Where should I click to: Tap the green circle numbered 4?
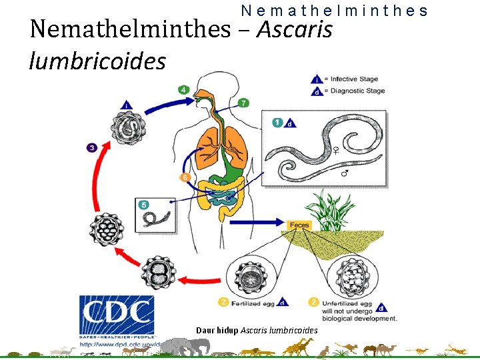(183, 89)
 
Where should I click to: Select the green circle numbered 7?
(244, 102)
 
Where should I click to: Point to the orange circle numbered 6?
(185, 177)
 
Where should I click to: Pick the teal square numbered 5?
(143, 205)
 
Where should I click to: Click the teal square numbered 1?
(277, 123)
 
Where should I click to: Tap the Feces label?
(299, 225)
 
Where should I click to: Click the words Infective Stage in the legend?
(353, 79)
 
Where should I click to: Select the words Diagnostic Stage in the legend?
(357, 91)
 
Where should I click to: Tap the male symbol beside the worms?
(344, 174)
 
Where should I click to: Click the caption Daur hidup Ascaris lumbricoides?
(257, 331)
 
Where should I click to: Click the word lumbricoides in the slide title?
(97, 61)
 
